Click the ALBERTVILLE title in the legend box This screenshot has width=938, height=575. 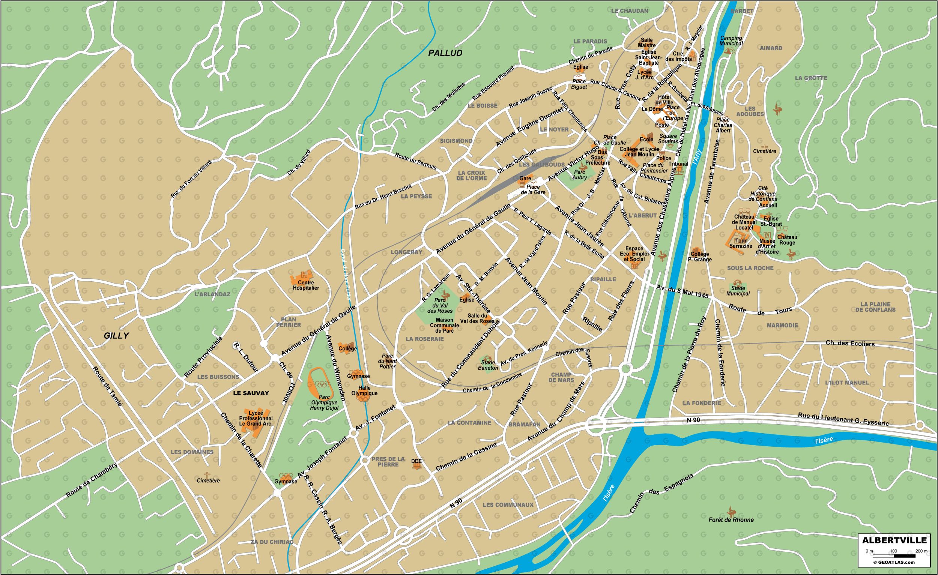tap(896, 540)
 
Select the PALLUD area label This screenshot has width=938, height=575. tap(445, 53)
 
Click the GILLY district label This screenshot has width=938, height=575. tap(116, 336)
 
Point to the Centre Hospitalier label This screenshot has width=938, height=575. tap(306, 285)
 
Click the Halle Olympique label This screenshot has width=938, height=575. tap(364, 391)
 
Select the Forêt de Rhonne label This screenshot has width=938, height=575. tap(731, 520)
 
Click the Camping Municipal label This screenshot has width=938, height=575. tap(731, 41)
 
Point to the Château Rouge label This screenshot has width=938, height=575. tap(787, 240)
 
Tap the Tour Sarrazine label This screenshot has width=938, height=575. tap(740, 243)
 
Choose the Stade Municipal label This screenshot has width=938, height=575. tap(738, 291)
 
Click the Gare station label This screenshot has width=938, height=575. tap(525, 178)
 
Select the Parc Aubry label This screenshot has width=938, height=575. tap(580, 175)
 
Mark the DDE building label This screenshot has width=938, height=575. tap(416, 461)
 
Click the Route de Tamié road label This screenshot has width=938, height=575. tap(108, 386)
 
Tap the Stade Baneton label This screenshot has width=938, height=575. tap(488, 365)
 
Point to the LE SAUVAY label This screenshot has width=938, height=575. tap(251, 393)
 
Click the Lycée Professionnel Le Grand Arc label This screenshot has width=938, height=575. tap(256, 418)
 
